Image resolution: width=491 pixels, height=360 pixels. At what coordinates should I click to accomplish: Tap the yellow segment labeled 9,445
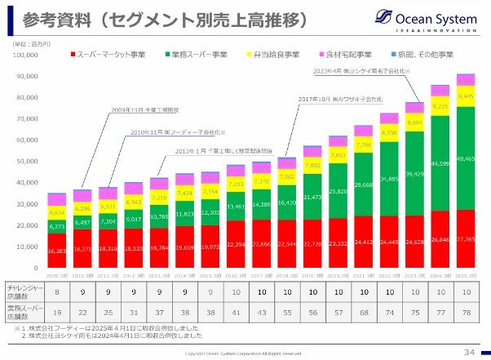coord(466,96)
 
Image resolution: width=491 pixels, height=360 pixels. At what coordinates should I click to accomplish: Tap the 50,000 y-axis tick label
coord(28,162)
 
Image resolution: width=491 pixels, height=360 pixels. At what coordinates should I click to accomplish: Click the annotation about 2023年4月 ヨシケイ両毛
coord(368,72)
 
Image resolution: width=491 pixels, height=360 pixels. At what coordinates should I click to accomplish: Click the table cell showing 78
coord(466,313)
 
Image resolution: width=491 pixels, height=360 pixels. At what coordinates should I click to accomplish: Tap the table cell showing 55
coord(287,313)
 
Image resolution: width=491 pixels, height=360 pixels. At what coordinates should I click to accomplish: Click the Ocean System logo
coord(427,19)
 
